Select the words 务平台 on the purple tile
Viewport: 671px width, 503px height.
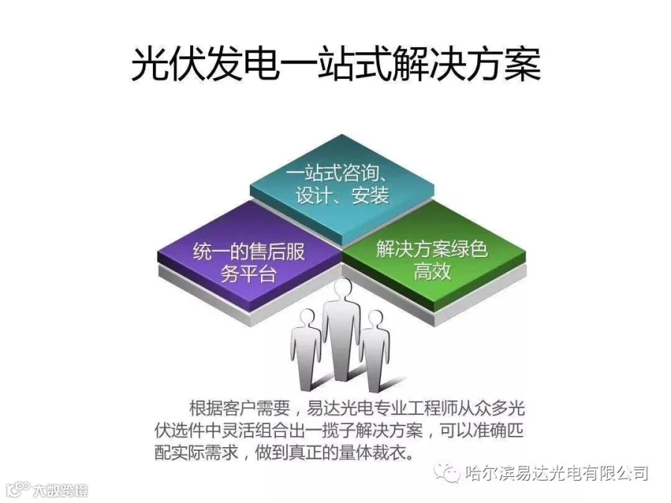pos(249,273)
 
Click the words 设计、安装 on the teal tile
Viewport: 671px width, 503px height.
pos(342,197)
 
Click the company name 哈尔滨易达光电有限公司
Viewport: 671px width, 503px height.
pos(555,472)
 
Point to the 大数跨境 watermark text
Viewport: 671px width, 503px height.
pos(60,490)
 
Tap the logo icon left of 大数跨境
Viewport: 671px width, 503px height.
pos(16,489)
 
